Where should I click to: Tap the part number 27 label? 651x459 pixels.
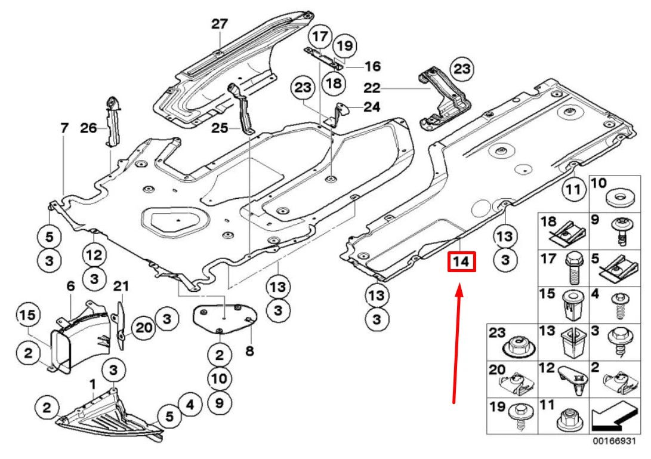pyautogui.click(x=219, y=24)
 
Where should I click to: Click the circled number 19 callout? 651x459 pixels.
pyautogui.click(x=344, y=45)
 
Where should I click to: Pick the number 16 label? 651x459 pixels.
pyautogui.click(x=372, y=66)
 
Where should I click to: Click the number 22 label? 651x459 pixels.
pyautogui.click(x=372, y=88)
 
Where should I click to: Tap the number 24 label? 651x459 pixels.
pyautogui.click(x=372, y=107)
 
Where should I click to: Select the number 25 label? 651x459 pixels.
pyautogui.click(x=220, y=127)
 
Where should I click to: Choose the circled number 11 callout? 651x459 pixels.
pyautogui.click(x=573, y=190)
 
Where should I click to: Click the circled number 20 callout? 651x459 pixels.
pyautogui.click(x=144, y=326)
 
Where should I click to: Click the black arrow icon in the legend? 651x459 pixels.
pyautogui.click(x=610, y=417)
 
